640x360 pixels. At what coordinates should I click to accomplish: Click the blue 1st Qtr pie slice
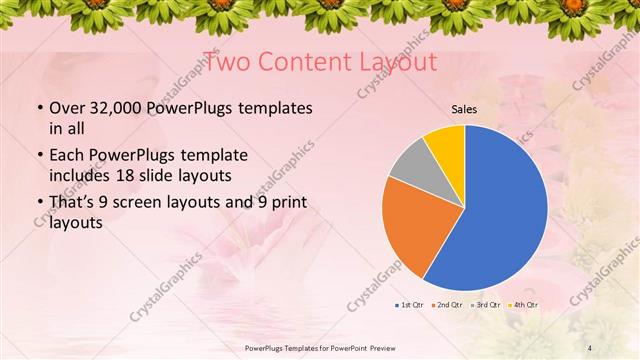pos(500,210)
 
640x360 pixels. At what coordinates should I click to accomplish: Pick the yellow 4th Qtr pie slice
pos(446,144)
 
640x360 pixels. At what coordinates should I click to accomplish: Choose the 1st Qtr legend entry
pos(411,304)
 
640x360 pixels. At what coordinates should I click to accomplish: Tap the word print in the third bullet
pos(286,203)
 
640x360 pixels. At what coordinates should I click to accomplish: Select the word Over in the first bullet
pos(66,108)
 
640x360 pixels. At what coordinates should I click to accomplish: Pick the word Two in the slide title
pos(225,62)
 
